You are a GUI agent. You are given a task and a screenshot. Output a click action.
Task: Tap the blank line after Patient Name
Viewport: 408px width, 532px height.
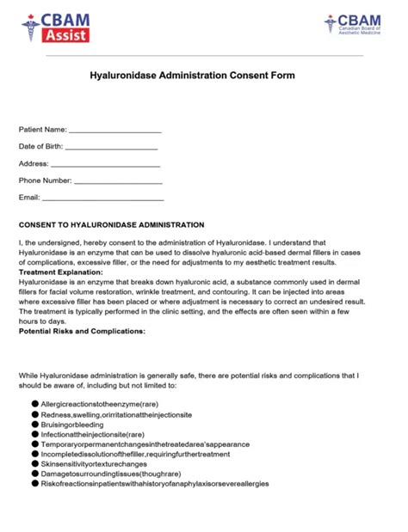click(114, 131)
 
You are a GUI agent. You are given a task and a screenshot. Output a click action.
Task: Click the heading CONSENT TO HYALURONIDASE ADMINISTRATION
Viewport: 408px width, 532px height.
click(112, 224)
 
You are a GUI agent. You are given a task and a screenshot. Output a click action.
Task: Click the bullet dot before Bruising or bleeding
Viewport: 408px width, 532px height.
click(35, 424)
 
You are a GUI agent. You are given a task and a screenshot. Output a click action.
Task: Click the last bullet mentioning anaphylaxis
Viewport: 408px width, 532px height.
click(155, 484)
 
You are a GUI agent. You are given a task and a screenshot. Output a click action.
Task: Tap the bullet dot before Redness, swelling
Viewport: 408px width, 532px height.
click(35, 413)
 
